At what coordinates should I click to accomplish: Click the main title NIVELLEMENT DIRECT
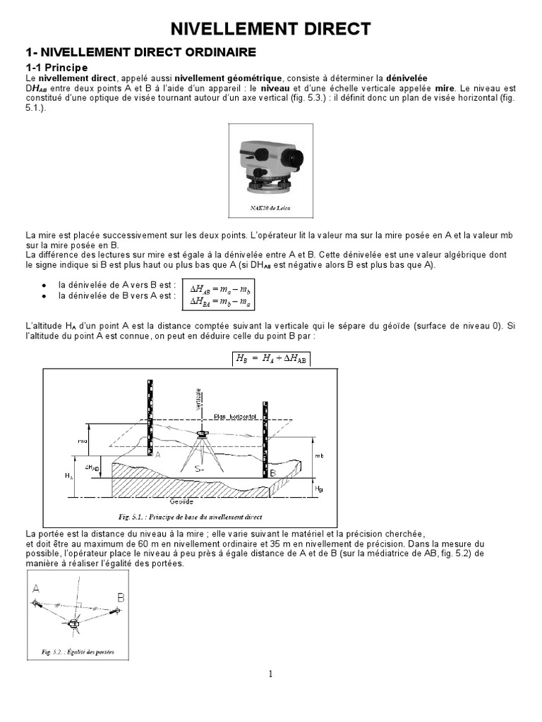pyautogui.click(x=271, y=28)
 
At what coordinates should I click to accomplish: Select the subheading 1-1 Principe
pyautogui.click(x=56, y=67)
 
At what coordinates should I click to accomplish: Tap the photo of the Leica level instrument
pyautogui.click(x=270, y=166)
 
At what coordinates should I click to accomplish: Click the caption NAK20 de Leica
pyautogui.click(x=270, y=209)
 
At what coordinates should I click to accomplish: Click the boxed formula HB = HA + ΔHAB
pyautogui.click(x=271, y=359)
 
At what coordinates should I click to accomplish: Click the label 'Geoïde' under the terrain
pyautogui.click(x=182, y=502)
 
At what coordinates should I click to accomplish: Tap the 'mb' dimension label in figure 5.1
pyautogui.click(x=319, y=456)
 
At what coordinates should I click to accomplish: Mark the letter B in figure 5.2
pyautogui.click(x=120, y=596)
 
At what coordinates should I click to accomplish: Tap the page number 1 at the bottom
pyautogui.click(x=270, y=674)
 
